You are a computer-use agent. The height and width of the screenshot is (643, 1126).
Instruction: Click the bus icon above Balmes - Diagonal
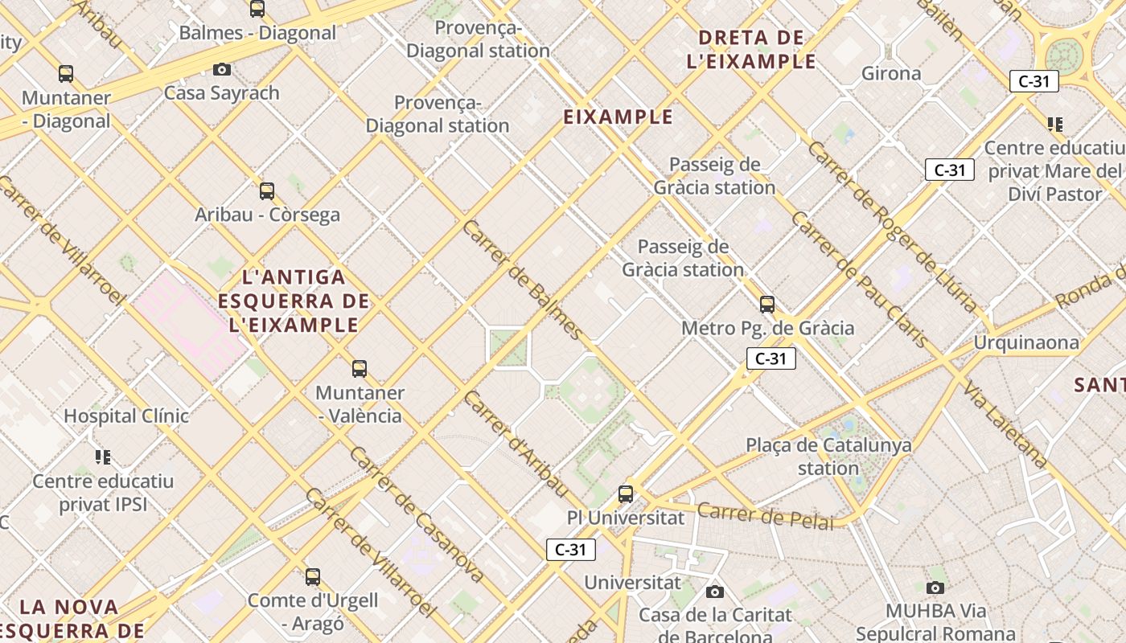tap(257, 9)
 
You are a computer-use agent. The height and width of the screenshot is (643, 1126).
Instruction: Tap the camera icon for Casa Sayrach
tap(222, 70)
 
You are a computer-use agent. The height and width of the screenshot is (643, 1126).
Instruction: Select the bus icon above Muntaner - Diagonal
tap(66, 74)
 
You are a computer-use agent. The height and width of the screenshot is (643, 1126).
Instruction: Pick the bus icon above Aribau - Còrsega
tap(267, 191)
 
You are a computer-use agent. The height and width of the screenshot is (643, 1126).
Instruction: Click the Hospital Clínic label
tap(126, 416)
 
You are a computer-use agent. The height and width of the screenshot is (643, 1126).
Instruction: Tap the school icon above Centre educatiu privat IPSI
tap(103, 457)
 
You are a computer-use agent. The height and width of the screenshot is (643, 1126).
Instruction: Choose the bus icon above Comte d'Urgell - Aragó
tap(313, 576)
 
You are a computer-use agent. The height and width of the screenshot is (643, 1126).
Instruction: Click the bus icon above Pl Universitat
tap(626, 494)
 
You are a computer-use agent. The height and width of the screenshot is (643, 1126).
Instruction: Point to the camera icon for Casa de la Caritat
tap(714, 592)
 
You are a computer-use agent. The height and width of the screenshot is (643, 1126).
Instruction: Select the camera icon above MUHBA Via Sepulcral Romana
tap(935, 588)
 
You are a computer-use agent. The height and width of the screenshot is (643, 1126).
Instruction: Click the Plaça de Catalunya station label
tap(828, 456)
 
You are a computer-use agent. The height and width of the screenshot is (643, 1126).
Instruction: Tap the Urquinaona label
tap(1026, 342)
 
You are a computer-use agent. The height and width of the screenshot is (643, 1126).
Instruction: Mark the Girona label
tap(891, 73)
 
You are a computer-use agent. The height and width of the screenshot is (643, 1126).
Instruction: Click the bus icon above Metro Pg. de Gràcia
tap(767, 305)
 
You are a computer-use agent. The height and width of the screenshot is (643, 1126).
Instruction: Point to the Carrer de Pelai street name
tap(765, 515)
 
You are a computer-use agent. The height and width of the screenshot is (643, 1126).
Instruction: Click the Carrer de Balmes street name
tap(522, 279)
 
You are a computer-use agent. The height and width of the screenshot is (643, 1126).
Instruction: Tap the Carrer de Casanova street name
tap(416, 514)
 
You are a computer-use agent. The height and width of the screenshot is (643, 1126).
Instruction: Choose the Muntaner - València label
tap(360, 403)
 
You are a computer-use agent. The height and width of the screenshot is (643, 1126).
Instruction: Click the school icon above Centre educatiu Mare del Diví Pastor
tap(1055, 125)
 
